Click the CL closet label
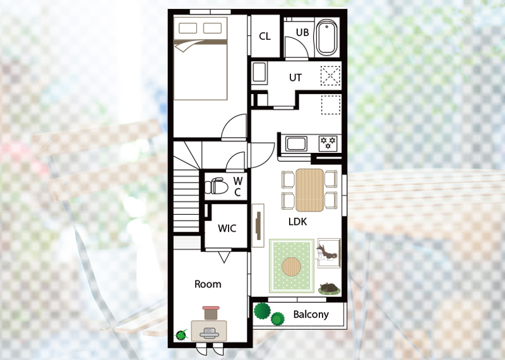click(x=264, y=36)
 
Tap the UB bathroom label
click(x=302, y=33)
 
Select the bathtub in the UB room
click(x=326, y=37)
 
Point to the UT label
click(x=295, y=78)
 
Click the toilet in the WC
click(x=216, y=186)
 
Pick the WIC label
click(x=227, y=228)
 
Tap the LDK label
click(x=297, y=222)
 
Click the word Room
click(x=208, y=284)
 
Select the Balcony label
click(x=311, y=315)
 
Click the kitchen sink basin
click(x=296, y=143)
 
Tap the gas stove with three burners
click(x=328, y=143)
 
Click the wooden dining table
click(x=309, y=190)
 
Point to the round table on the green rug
click(x=292, y=267)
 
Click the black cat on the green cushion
click(x=329, y=287)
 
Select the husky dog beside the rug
click(x=325, y=253)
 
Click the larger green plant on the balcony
click(x=262, y=311)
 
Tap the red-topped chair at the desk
click(x=211, y=313)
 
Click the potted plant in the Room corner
click(x=181, y=335)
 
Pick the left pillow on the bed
click(x=187, y=28)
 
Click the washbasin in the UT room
click(x=259, y=73)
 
